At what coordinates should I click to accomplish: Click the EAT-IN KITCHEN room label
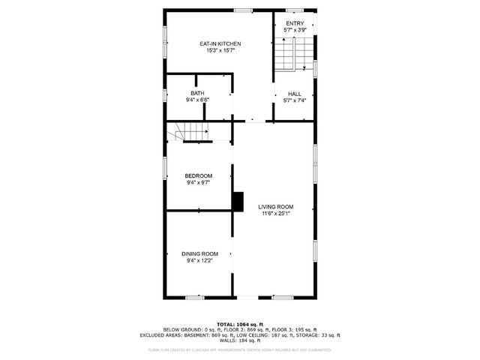coord(220,44)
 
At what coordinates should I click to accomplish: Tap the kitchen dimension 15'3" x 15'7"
coord(220,51)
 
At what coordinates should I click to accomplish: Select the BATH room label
coord(197,93)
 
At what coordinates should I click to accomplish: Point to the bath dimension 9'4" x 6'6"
coord(197,100)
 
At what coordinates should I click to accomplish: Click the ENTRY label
coord(295,24)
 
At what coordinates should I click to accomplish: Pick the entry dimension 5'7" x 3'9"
coord(295,31)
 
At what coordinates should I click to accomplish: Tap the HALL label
coord(295,93)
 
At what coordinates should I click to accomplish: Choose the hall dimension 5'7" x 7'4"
coord(295,100)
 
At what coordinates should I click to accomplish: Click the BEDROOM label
coord(199,175)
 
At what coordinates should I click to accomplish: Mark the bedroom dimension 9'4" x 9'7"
coord(199,182)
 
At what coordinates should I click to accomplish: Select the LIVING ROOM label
coord(276,207)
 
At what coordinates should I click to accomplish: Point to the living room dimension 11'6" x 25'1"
coord(276,214)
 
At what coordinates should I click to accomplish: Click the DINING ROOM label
coord(199,253)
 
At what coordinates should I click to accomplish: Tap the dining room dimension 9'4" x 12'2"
coord(199,260)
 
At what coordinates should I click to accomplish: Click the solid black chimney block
coord(238,201)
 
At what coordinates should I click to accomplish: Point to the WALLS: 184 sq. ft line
coord(240,341)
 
